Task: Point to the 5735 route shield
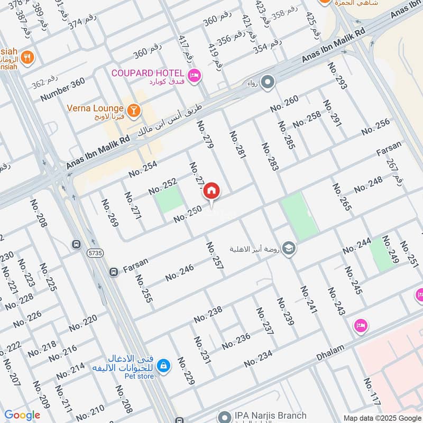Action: click(x=95, y=253)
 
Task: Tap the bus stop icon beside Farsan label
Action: click(x=113, y=272)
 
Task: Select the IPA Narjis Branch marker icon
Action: click(x=225, y=417)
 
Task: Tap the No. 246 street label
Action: click(x=179, y=272)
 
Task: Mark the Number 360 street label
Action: click(x=62, y=90)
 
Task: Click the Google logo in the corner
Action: click(x=22, y=415)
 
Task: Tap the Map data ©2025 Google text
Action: click(x=382, y=417)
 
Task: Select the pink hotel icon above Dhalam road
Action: click(x=361, y=325)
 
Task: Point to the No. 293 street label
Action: click(x=337, y=76)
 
